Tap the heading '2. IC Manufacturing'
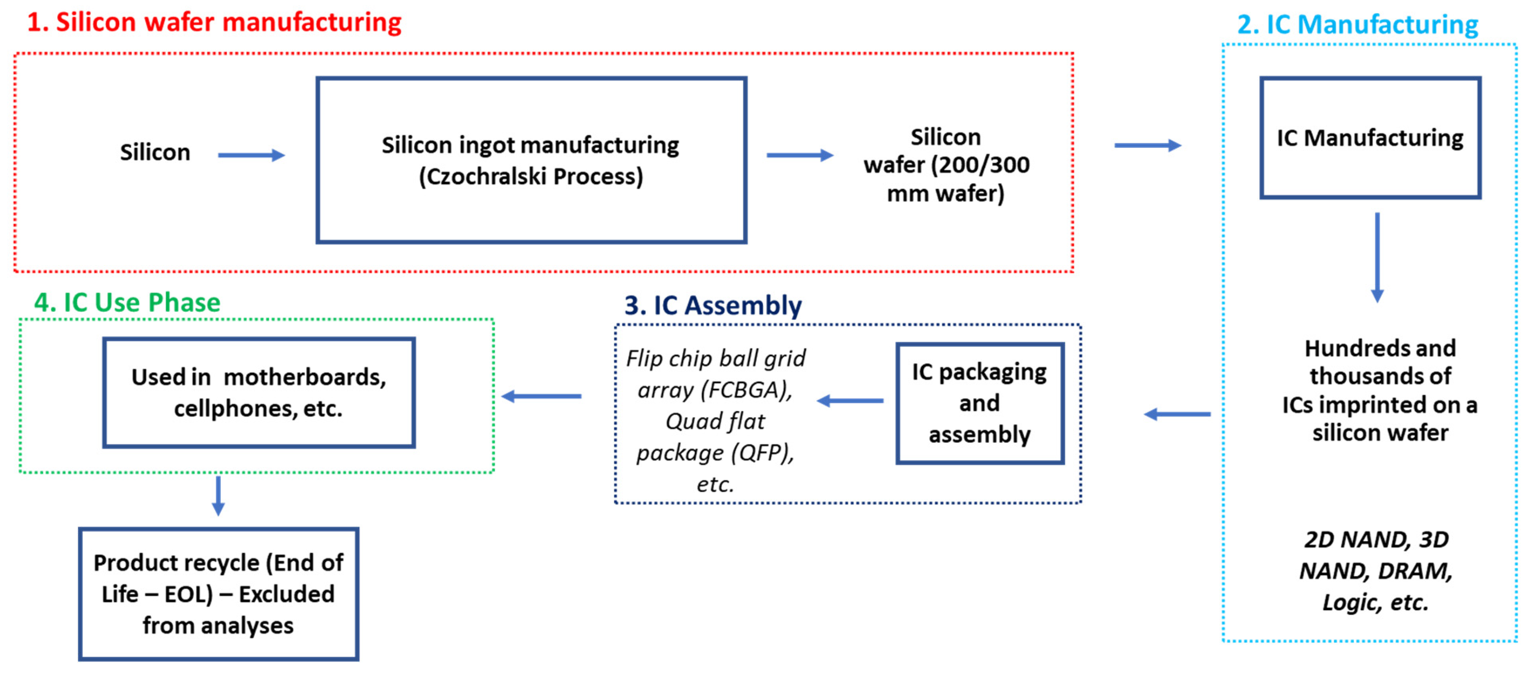tap(1357, 25)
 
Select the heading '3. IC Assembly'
tap(713, 306)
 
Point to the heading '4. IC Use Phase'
tap(127, 303)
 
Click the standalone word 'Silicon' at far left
tap(155, 153)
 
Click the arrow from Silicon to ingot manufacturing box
tap(251, 155)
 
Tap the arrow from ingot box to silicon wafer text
tap(799, 155)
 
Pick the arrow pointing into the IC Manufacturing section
tap(1147, 145)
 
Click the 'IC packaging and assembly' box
tap(979, 403)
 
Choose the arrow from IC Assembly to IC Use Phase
tap(541, 396)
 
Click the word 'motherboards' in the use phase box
tap(305, 378)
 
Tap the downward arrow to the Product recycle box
tap(219, 496)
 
